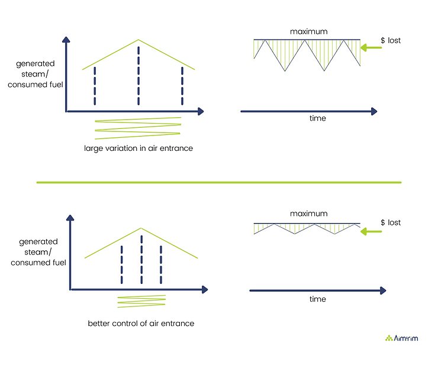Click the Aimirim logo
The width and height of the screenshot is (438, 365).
(401, 338)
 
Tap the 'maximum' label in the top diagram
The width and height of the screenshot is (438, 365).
(308, 31)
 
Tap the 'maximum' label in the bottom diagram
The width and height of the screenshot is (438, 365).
(308, 214)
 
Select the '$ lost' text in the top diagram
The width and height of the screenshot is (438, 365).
(391, 40)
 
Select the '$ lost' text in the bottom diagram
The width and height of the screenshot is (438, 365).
(391, 222)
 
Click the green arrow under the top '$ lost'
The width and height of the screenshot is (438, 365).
(371, 48)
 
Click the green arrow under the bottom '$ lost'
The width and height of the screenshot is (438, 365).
(371, 231)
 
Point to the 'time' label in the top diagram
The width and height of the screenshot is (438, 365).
(318, 118)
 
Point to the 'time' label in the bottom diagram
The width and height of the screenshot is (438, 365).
(318, 299)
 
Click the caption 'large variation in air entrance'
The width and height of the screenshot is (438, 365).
(139, 148)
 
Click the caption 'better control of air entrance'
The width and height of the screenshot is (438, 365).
(141, 324)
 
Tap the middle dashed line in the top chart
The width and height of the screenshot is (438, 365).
(139, 76)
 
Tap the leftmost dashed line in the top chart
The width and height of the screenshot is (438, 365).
(95, 86)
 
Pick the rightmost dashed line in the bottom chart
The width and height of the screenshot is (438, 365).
(161, 265)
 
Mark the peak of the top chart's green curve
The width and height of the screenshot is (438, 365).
(139, 40)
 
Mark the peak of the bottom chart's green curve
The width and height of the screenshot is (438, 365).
(141, 228)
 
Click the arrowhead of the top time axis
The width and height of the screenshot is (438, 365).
(374, 111)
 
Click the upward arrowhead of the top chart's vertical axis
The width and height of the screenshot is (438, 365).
(66, 40)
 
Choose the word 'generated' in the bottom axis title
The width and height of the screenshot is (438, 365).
(38, 242)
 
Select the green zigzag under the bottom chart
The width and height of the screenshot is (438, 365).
(141, 301)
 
